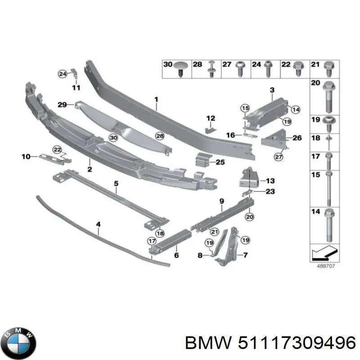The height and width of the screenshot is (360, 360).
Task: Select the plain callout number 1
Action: click(156, 99)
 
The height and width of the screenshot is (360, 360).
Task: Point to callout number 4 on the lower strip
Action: click(98, 223)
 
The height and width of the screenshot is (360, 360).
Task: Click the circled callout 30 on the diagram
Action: click(113, 138)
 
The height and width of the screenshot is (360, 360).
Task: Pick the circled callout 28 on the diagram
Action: click(160, 135)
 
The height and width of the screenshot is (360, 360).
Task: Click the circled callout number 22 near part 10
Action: click(57, 149)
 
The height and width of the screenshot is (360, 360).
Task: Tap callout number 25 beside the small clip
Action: click(220, 162)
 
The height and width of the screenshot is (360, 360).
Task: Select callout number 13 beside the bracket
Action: click(270, 181)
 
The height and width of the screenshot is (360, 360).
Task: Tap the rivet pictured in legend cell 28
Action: click(211, 69)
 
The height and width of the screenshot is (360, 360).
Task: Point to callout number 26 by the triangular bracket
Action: click(297, 138)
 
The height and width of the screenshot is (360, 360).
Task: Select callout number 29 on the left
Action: click(63, 104)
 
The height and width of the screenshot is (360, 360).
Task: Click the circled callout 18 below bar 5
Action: click(160, 233)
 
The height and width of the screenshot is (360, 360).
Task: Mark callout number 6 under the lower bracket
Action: click(176, 256)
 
